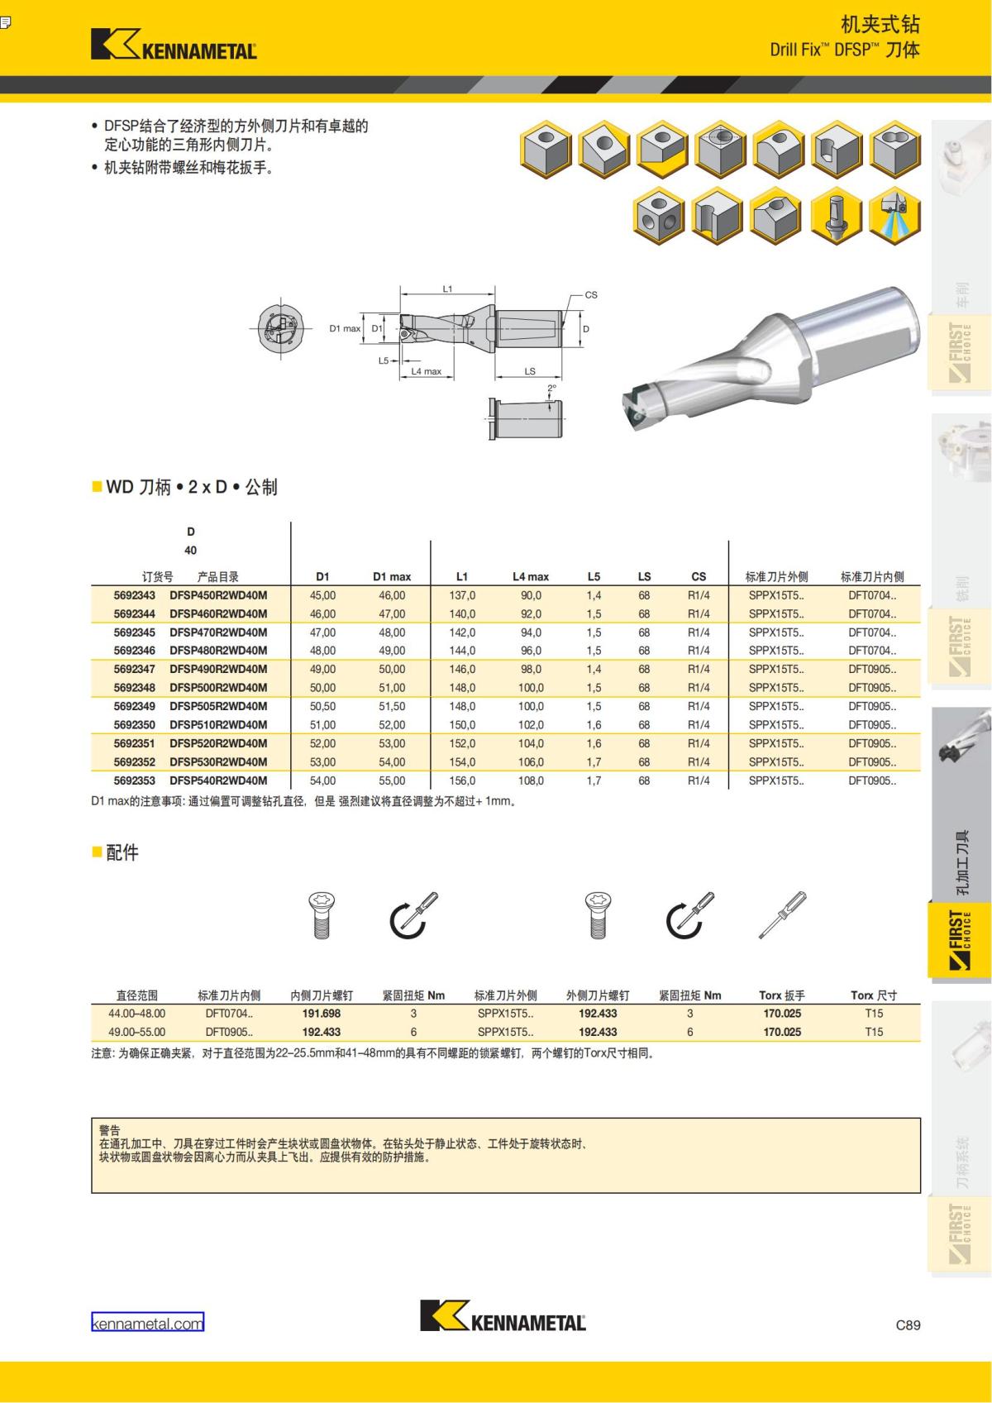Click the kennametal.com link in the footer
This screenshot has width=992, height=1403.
(147, 1323)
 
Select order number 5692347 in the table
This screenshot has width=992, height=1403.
(135, 669)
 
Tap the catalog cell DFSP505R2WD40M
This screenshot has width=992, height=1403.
(218, 707)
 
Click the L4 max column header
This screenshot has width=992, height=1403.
(531, 577)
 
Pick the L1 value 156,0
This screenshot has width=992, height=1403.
(462, 781)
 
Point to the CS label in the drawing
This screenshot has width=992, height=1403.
(591, 295)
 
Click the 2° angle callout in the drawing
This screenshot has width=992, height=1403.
(551, 389)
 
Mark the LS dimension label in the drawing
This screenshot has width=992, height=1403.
(530, 371)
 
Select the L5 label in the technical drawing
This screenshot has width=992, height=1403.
(384, 360)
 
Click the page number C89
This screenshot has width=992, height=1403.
(908, 1324)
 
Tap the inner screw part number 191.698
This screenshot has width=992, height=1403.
(322, 1014)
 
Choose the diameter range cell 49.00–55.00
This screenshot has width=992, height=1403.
(137, 1033)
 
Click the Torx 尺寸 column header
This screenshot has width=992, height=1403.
(874, 995)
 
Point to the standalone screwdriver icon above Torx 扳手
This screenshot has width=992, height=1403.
(782, 915)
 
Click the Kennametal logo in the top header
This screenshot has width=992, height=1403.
(174, 44)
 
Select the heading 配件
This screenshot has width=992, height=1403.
(122, 852)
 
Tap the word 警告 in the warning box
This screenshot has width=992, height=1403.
(110, 1130)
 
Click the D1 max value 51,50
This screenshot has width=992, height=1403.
(392, 707)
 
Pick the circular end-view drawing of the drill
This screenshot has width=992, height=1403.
(280, 328)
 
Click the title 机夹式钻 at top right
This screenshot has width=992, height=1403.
(880, 25)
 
